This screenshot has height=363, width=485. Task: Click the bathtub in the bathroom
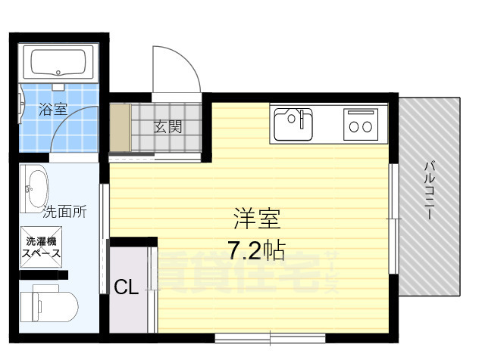(x=58, y=63)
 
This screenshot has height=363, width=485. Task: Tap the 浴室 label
(x=53, y=109)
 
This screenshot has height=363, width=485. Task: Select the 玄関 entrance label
(x=167, y=126)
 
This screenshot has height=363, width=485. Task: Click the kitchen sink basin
(x=293, y=124)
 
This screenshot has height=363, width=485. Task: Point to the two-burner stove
(x=361, y=124)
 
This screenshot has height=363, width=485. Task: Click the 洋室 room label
(x=257, y=219)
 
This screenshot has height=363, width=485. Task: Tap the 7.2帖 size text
(x=256, y=250)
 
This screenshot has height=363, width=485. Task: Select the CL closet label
(x=126, y=287)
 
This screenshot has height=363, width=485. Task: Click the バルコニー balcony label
(x=430, y=191)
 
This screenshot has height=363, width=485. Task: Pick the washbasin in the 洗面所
(x=35, y=188)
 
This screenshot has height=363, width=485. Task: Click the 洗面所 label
(x=64, y=212)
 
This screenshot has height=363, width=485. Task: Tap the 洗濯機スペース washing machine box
(x=41, y=247)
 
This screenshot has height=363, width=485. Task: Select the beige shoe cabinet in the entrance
(x=120, y=128)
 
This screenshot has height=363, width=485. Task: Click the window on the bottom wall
(x=270, y=338)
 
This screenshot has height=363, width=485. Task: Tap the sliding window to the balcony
(x=393, y=219)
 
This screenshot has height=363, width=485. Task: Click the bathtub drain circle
(x=58, y=73)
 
